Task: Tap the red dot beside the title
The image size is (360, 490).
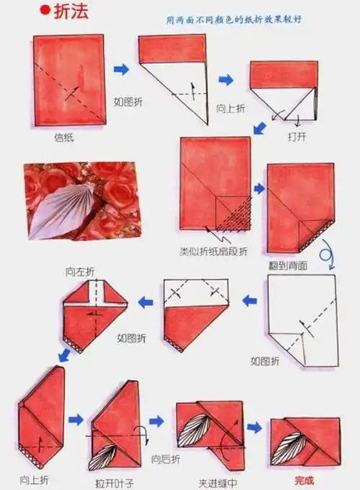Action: click(45, 12)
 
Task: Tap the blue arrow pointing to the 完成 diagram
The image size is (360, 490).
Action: click(254, 428)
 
